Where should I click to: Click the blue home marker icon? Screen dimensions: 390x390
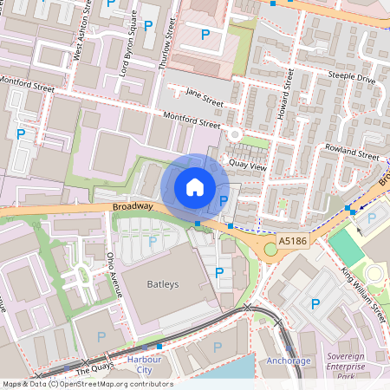[x=195, y=186]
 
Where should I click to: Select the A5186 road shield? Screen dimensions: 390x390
[x=292, y=238]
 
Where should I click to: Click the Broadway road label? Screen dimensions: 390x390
[x=133, y=206]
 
